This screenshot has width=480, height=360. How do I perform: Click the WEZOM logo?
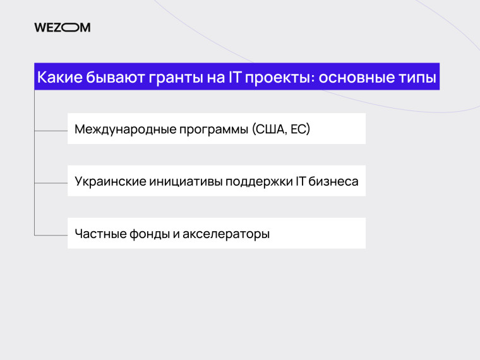coord(63,27)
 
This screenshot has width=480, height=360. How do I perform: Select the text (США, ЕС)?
coord(281,129)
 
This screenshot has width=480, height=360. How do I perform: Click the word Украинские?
coord(110,182)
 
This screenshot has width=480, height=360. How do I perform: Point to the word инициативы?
coord(181,182)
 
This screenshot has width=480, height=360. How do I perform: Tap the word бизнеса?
coord(333,182)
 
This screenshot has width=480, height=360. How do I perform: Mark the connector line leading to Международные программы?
coord(51,131)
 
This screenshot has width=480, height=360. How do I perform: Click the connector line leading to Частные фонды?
coord(51,235)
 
